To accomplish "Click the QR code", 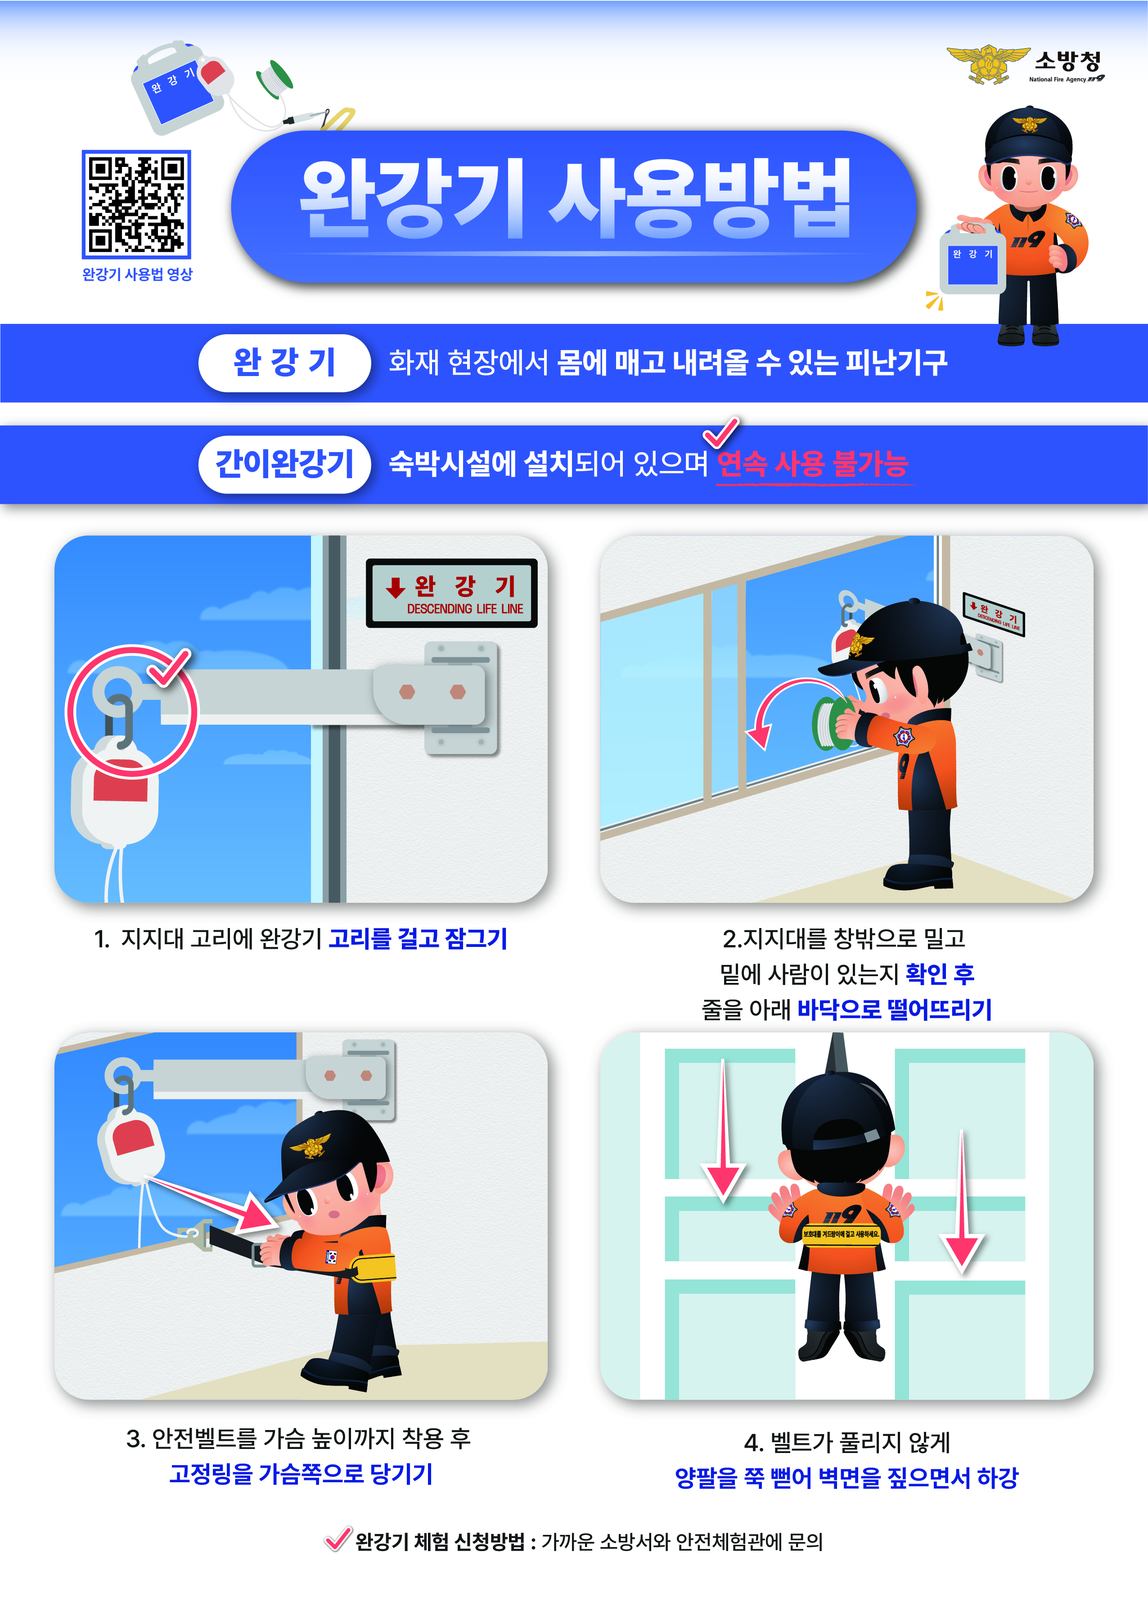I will [x=136, y=204].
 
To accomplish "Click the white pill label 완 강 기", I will [x=284, y=363].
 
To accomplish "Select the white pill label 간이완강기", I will [x=284, y=464].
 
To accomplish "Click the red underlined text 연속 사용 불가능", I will [x=812, y=464].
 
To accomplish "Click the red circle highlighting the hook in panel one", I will [x=132, y=711].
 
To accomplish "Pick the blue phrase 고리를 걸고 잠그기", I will [x=418, y=938].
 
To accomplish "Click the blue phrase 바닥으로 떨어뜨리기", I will [x=894, y=1009].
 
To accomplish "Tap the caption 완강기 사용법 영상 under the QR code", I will [x=137, y=274].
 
